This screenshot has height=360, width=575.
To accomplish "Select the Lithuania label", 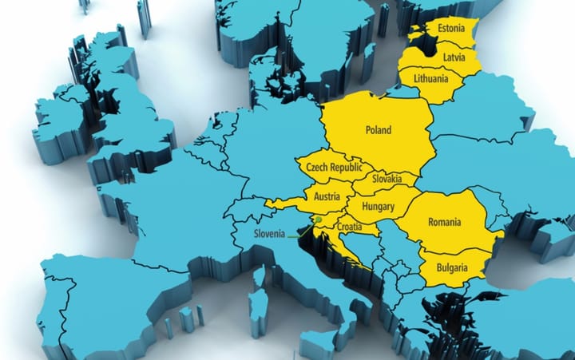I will tap(434, 79).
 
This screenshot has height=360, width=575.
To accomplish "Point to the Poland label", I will tap(378, 130).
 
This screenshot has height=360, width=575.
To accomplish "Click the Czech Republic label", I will tap(334, 168).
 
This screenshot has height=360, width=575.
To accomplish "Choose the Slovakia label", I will tap(386, 180).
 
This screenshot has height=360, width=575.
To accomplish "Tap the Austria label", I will tap(327, 196).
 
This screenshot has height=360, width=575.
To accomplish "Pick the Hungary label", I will tap(379, 207).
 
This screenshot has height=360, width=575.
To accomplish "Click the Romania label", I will tap(445, 221).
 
